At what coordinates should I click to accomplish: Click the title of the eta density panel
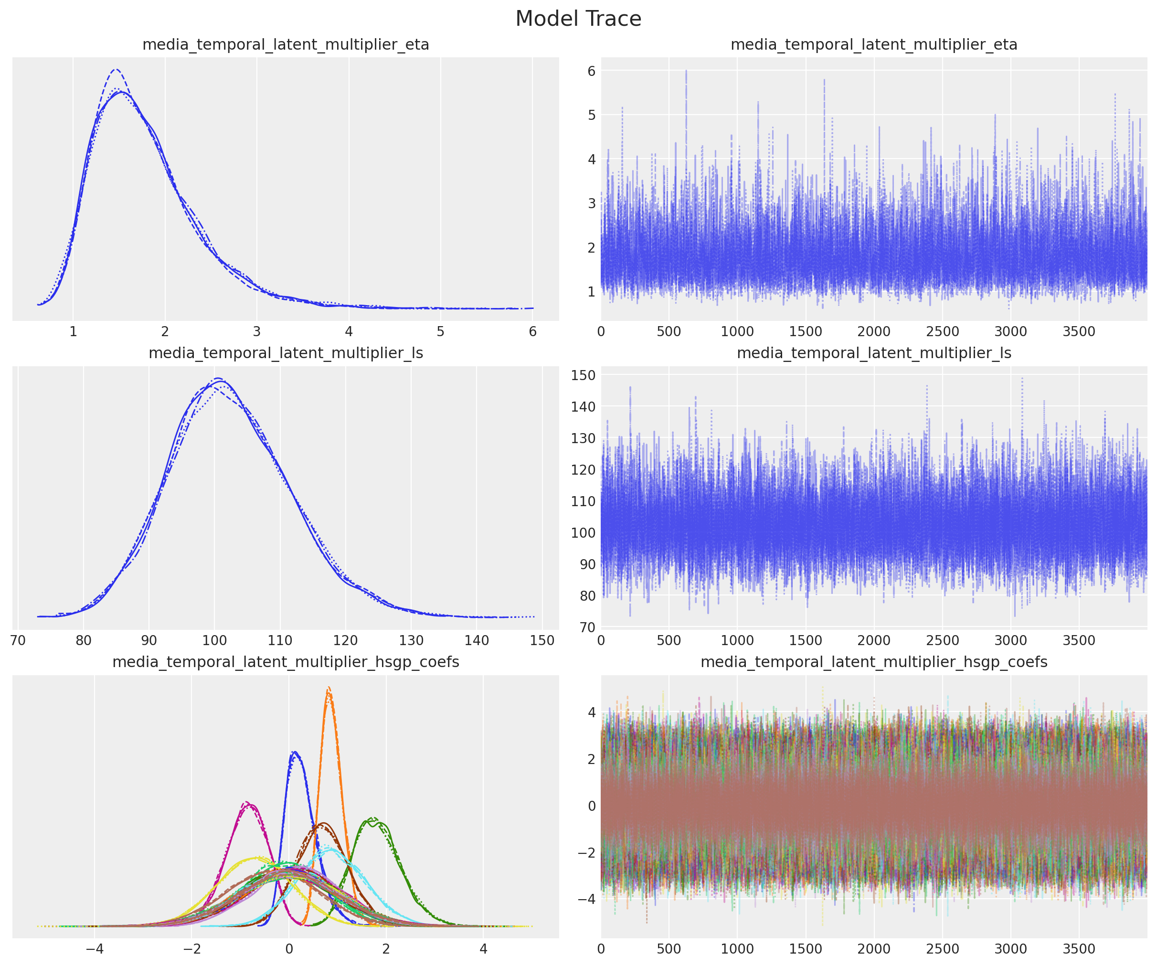(286, 44)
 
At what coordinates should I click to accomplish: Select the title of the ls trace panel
(874, 353)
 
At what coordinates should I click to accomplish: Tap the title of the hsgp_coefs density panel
(286, 662)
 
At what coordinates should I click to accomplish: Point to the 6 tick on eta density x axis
(532, 332)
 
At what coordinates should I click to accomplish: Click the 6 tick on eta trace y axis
(591, 71)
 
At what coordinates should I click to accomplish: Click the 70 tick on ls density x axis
(18, 640)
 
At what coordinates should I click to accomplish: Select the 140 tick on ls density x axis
(477, 640)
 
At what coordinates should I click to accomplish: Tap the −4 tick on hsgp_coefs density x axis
(94, 949)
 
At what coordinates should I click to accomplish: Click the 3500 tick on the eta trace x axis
(1079, 332)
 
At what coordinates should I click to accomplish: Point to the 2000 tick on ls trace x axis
(874, 640)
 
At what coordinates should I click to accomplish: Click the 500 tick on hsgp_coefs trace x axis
(669, 949)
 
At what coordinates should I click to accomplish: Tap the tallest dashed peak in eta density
(116, 69)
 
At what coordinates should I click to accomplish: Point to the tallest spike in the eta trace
(686, 71)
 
